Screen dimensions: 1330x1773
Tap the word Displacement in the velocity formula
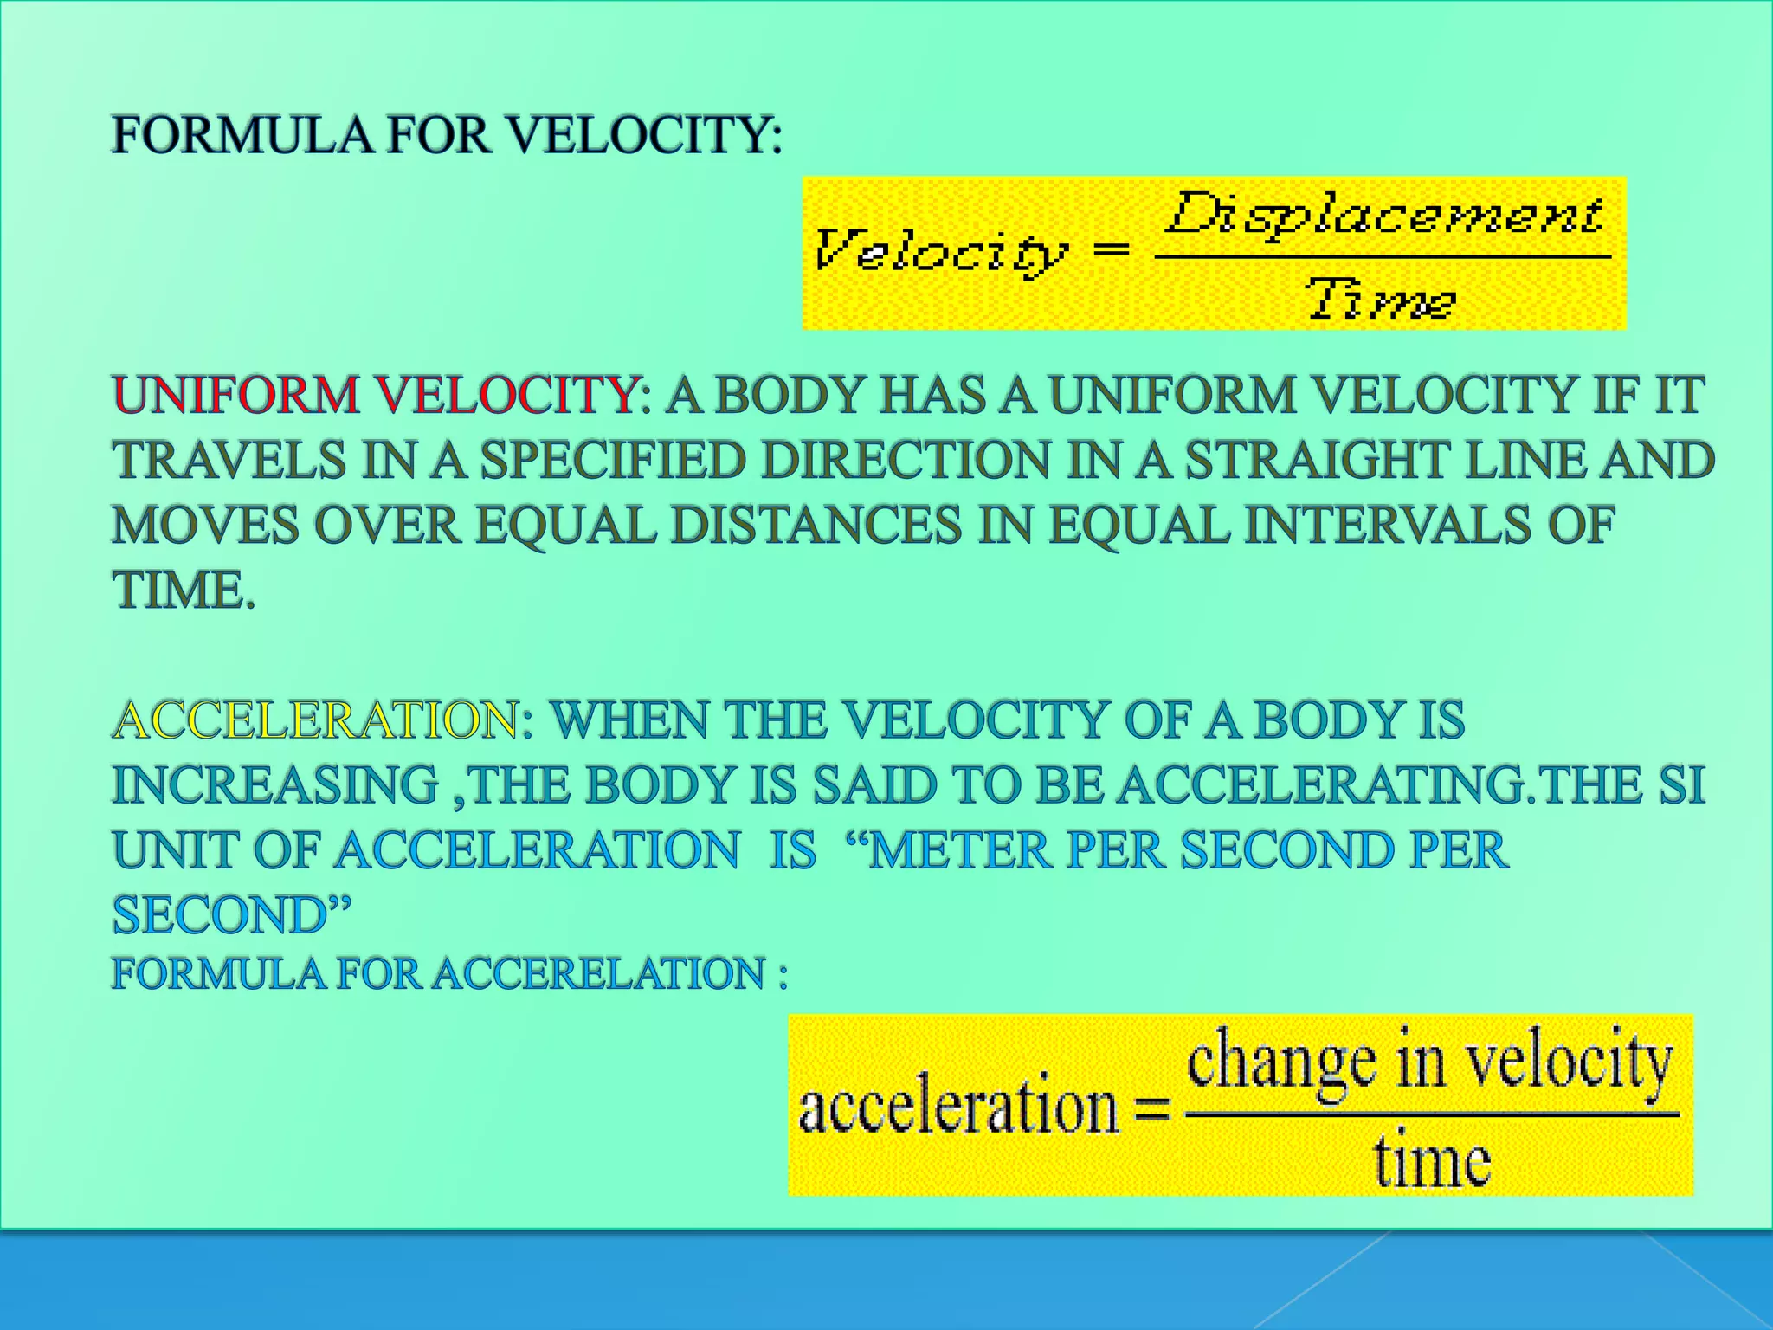pyautogui.click(x=1383, y=214)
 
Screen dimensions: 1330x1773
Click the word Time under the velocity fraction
pyautogui.click(x=1382, y=300)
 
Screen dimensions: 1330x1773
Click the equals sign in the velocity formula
pyautogui.click(x=1112, y=250)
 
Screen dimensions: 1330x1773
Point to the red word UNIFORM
pyautogui.click(x=235, y=396)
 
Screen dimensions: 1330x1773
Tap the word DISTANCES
pyautogui.click(x=816, y=526)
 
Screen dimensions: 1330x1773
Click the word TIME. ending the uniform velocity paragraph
pyautogui.click(x=184, y=591)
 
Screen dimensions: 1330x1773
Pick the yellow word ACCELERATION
pyautogui.click(x=317, y=720)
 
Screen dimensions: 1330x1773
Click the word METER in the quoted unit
pyautogui.click(x=959, y=850)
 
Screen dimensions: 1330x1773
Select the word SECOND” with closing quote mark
pyautogui.click(x=232, y=915)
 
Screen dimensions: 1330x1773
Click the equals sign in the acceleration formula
pyautogui.click(x=1151, y=1109)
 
